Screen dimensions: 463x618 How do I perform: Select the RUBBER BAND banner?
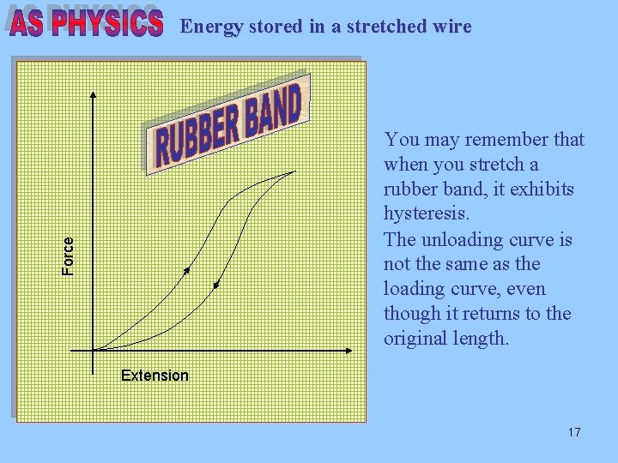[228, 125]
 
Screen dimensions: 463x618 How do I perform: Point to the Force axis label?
[69, 256]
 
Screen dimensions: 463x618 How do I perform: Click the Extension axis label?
[154, 376]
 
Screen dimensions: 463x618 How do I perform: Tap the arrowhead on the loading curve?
[187, 271]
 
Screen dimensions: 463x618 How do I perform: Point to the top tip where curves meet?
[294, 171]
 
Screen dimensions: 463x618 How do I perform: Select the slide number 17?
[574, 432]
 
